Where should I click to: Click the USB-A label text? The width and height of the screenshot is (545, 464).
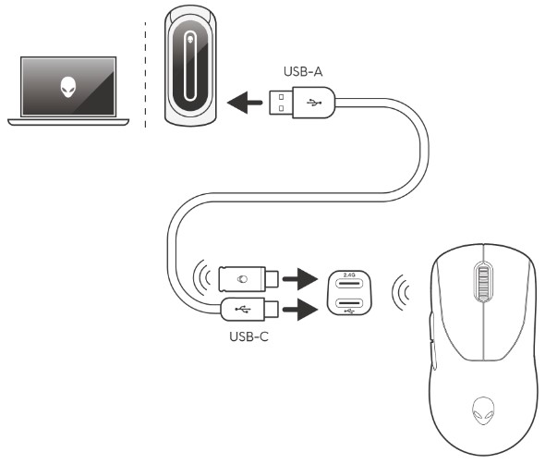pos(303,72)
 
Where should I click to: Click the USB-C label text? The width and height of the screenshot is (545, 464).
pos(248,336)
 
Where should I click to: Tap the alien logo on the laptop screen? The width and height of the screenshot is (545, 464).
pos(68,87)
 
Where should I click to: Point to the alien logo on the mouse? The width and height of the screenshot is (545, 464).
pos(483,410)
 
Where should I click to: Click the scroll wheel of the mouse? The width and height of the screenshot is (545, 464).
pos(483,282)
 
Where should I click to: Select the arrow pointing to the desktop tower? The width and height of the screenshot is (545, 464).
pos(245,103)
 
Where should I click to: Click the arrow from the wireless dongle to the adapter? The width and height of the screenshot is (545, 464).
pos(300,279)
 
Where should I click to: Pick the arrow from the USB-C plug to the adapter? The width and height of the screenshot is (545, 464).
pos(300,310)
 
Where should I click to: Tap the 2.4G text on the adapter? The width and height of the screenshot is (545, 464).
pos(349,275)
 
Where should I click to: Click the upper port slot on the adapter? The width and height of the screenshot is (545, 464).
pos(349,283)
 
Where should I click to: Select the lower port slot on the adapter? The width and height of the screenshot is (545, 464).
pos(349,303)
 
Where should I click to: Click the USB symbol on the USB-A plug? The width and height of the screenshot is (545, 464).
pos(314,103)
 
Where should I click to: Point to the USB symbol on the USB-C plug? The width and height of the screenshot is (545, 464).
pos(242,309)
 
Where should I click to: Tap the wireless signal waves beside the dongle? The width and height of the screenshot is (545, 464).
pos(202,277)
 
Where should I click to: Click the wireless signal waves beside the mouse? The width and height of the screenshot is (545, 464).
pos(401,292)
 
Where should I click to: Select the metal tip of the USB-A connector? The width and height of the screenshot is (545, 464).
pos(281,103)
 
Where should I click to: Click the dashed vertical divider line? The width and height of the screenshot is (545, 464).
pos(145,75)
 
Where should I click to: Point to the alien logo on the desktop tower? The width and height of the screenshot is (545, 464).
pos(190,40)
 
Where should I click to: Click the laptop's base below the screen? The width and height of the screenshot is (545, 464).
pos(68,122)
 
